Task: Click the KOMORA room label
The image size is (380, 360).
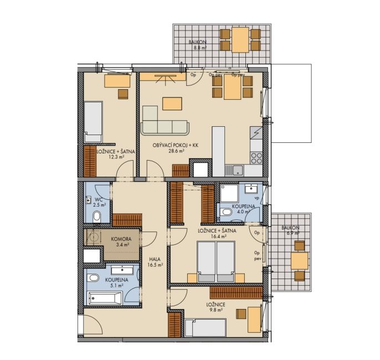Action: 121,239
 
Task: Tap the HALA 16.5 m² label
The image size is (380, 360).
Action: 155,261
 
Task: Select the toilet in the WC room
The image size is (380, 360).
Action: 97,216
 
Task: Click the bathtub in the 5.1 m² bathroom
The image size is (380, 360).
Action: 105,298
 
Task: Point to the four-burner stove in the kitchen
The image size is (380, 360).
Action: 256,158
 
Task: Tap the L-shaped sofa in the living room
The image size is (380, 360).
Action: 165,121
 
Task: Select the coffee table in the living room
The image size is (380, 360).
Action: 172,104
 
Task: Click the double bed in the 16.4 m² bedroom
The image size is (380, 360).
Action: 216,261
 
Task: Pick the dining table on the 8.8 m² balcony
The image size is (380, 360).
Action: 240,40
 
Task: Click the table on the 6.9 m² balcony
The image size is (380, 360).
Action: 300,261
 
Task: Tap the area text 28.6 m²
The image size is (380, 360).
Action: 176,151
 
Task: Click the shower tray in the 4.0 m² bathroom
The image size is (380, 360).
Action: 229,193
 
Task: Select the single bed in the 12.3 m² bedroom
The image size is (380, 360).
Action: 93,122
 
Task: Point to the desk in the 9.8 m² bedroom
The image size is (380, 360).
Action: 254,320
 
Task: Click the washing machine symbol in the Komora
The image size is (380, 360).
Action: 94,236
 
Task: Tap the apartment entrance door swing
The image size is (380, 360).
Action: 93,325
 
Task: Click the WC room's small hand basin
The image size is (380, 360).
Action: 88,200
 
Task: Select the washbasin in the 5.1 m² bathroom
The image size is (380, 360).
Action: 122,270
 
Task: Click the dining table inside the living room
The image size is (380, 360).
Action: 233,87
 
